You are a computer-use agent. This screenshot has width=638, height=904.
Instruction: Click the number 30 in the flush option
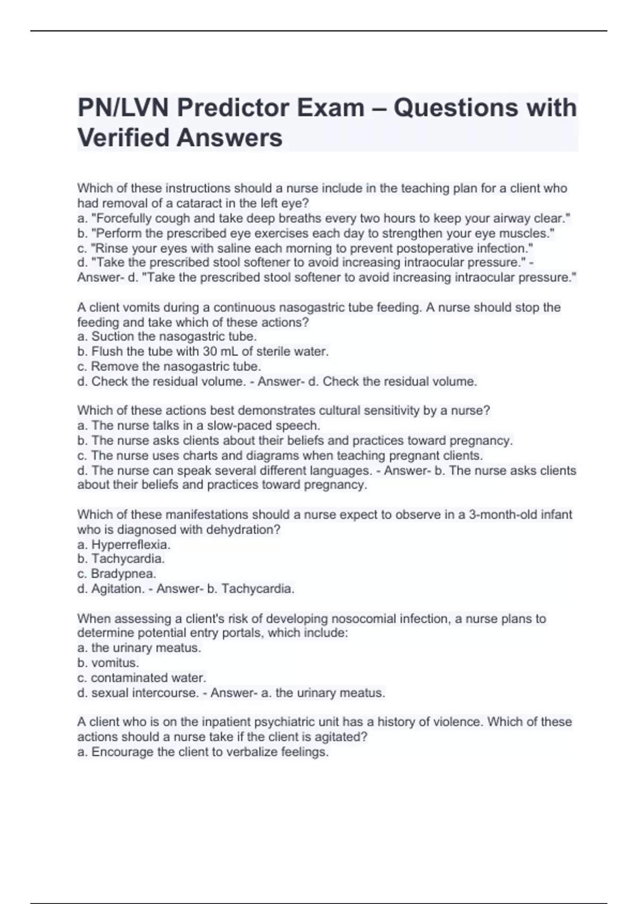point(209,351)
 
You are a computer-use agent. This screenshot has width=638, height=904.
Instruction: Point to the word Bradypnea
point(123,574)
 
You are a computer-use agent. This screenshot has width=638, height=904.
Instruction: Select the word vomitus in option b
point(115,663)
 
